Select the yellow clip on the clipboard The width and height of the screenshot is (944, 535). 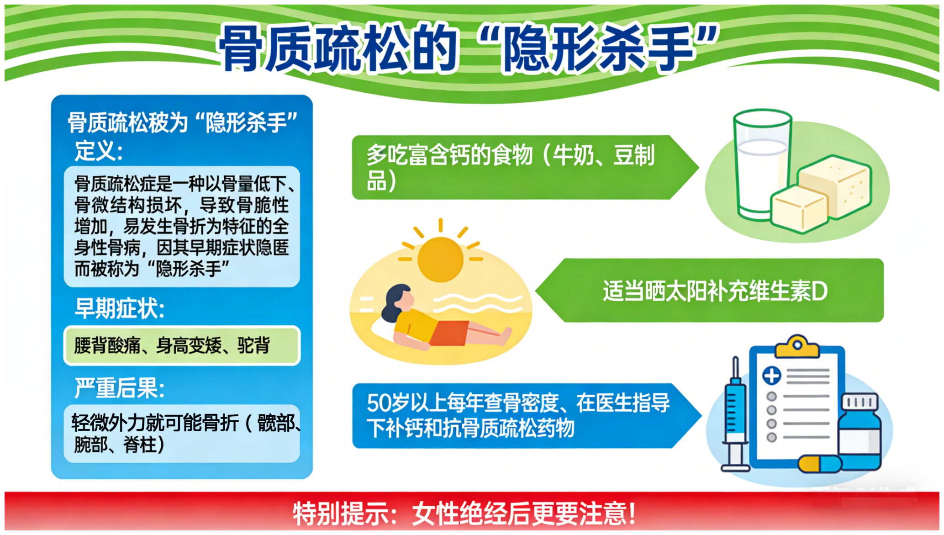point(797,346)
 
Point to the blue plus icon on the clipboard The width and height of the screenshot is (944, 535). point(772,376)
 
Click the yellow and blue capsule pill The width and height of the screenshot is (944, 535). point(820,464)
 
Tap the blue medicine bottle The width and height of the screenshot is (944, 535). point(860,432)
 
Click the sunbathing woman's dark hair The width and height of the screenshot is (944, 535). point(394,302)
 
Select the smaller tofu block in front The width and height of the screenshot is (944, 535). point(799,209)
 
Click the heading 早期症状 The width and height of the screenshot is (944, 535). point(119,308)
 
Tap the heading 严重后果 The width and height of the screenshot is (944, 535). point(119,388)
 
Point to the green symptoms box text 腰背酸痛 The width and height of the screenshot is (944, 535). point(107,345)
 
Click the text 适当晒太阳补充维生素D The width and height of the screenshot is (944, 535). point(715,291)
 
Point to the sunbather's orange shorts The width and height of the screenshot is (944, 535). point(449,333)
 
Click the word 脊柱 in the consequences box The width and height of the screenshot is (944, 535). point(140,445)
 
